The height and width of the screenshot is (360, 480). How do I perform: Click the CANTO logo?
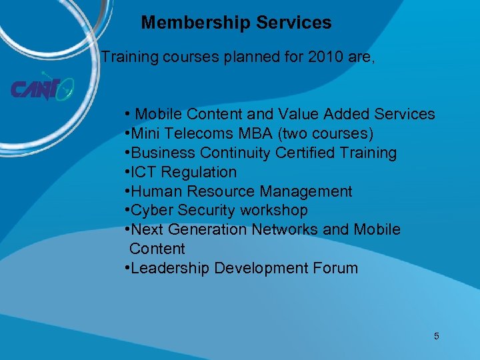point(41,89)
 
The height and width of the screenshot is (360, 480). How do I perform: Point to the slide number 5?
point(437,336)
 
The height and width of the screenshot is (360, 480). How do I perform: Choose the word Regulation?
point(199,172)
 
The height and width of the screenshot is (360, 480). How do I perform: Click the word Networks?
point(287,229)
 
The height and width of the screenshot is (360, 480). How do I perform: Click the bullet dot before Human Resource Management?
point(127,192)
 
